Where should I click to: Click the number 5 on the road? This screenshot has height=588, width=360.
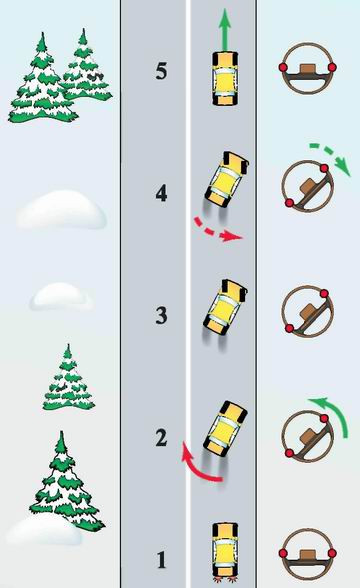(161, 71)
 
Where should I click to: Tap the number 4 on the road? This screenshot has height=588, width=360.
(161, 194)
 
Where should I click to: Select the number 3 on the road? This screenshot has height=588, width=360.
(161, 315)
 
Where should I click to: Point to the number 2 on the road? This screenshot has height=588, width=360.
(161, 438)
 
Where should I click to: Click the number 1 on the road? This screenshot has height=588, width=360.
(161, 560)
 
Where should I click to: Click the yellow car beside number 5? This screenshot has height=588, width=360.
(225, 78)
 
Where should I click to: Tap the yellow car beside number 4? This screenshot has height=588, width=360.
(226, 179)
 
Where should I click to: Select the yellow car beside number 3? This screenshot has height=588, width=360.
(225, 307)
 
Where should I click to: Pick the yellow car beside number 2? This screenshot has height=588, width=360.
(225, 428)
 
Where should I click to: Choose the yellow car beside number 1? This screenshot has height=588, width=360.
(225, 549)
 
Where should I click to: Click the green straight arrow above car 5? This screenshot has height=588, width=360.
(225, 29)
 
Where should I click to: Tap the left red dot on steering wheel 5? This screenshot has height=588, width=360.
(283, 68)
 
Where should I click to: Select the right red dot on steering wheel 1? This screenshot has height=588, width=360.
(332, 553)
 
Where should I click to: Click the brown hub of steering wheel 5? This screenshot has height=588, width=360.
(308, 70)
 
